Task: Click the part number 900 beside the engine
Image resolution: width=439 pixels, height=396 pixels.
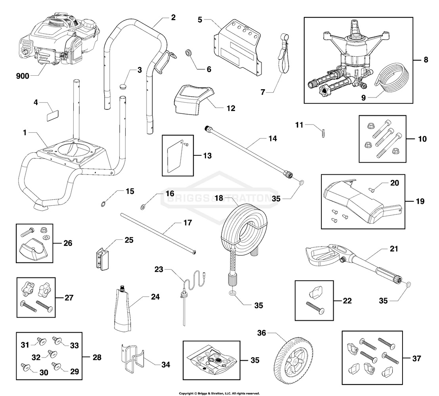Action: coord(23,76)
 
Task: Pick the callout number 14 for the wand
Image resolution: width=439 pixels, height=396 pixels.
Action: coord(272,139)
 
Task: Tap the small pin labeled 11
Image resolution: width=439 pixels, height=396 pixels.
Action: coord(324,132)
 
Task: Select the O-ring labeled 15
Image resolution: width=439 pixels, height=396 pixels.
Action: coord(103,204)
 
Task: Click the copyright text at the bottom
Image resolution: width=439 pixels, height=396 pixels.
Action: coord(219,393)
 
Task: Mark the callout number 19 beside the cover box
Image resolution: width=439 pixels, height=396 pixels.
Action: coord(420,201)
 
